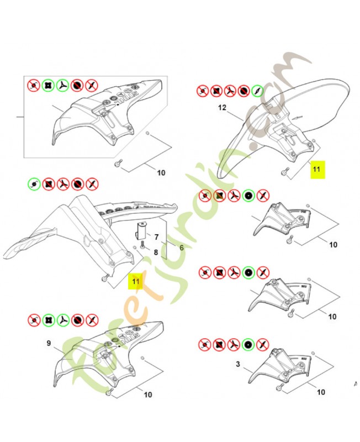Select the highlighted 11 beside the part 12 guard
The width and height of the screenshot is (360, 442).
pos(317,169)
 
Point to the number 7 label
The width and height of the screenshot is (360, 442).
pos(156,238)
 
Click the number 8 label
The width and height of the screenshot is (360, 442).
pos(156,252)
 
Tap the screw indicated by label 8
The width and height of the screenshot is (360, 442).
pos(143,245)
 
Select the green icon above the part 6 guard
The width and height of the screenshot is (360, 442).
pos(34,183)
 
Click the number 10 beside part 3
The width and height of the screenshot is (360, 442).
pos(321,392)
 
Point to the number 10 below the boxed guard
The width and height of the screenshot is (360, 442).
pos(161,173)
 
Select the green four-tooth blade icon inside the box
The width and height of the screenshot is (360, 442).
pos(49,86)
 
